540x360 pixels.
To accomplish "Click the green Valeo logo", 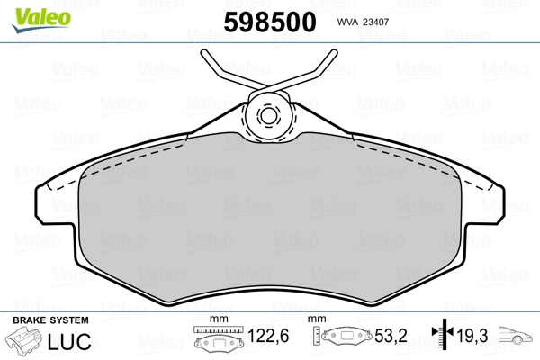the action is click(x=41, y=20).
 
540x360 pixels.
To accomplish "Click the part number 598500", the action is click(x=270, y=22).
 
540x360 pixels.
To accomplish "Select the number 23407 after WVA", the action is click(x=376, y=22).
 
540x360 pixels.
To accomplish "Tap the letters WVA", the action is click(x=347, y=22).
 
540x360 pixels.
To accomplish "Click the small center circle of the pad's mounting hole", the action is click(x=268, y=116).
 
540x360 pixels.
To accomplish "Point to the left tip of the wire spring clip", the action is click(x=203, y=52).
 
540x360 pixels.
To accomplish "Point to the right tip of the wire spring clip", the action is click(x=335, y=52).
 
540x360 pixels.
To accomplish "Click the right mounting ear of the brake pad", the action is click(x=485, y=205).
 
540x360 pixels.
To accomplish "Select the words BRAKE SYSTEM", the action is click(x=50, y=320).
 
